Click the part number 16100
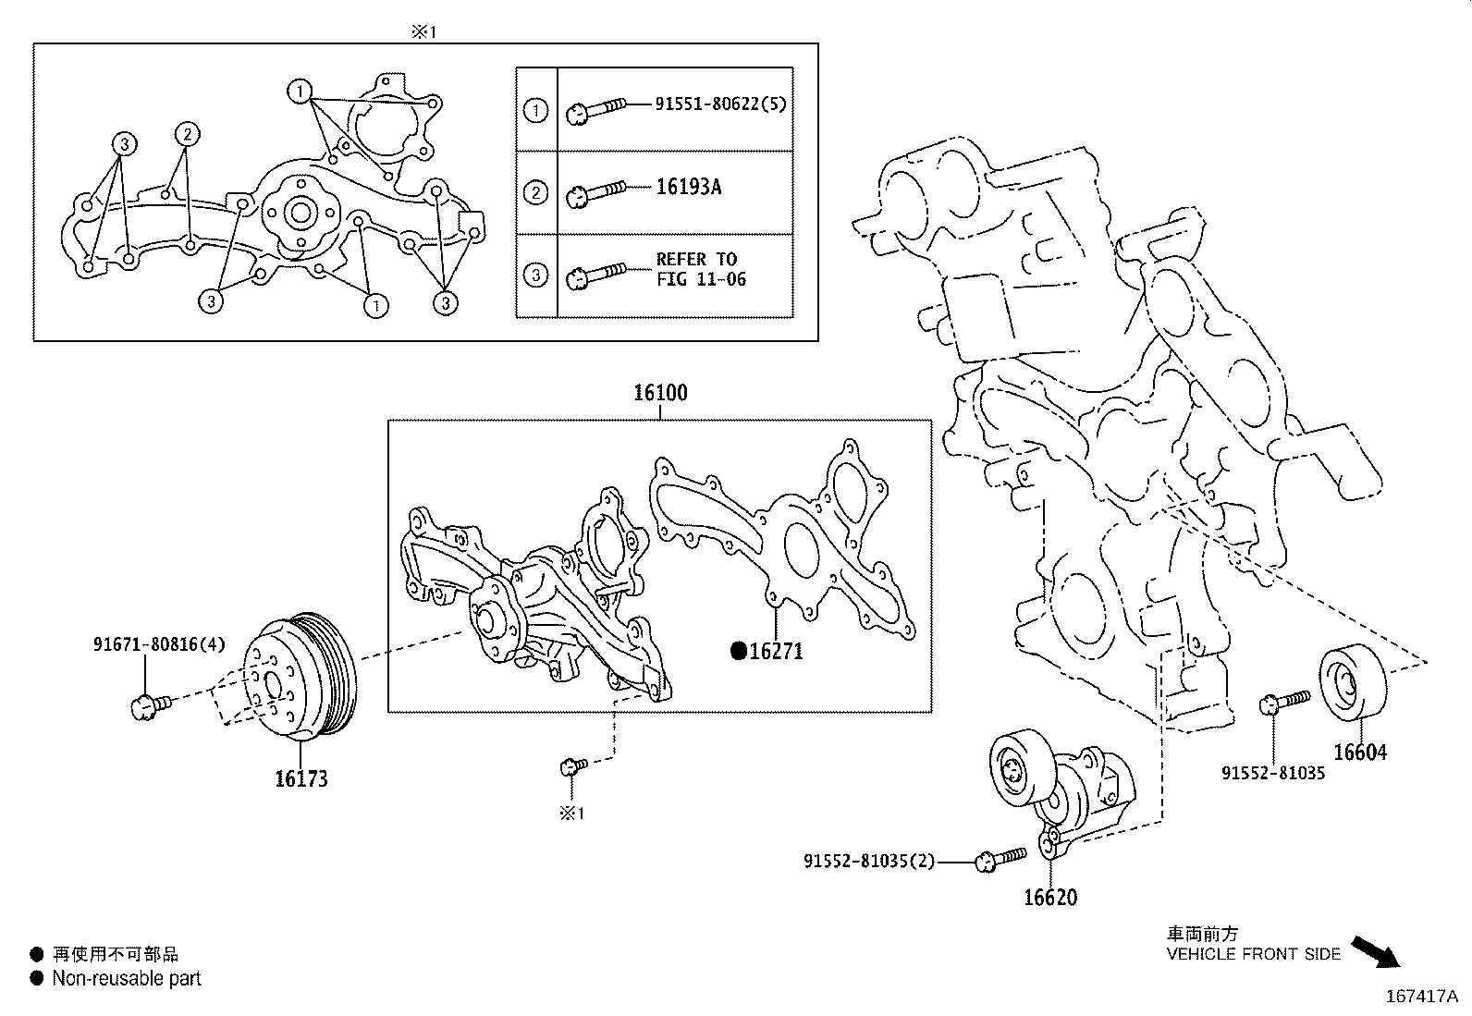point(660,393)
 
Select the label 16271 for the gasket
point(776,652)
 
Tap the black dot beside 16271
point(738,651)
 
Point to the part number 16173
point(301,779)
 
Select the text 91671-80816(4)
point(158,644)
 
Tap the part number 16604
point(1359,753)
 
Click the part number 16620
point(1049,898)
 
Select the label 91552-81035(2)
point(869,862)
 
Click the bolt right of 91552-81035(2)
point(999,860)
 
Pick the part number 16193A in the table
point(688,188)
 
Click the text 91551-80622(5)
point(720,104)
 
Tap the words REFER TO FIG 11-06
point(700,269)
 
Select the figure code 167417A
point(1420,996)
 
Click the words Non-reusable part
point(127,978)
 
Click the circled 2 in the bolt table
point(535,193)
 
